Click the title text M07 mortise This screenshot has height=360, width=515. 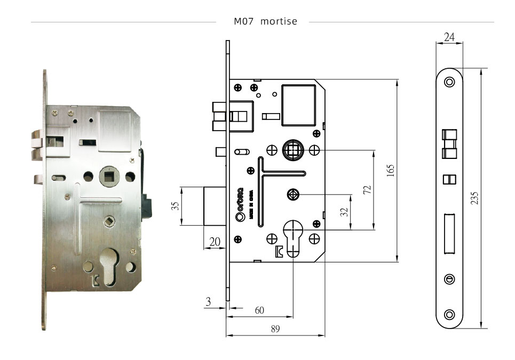click(265, 21)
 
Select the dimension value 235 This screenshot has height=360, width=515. click(474, 198)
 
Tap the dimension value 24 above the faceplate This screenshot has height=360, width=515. click(449, 37)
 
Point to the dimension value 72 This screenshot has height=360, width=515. click(367, 190)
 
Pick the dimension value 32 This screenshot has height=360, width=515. click(344, 212)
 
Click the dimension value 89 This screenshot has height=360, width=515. click(275, 329)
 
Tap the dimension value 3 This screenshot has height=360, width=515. click(208, 302)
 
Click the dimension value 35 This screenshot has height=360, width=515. click(175, 206)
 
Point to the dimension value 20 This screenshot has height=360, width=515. click(215, 242)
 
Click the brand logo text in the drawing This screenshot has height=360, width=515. click(240, 204)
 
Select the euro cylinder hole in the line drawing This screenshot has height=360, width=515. click(293, 238)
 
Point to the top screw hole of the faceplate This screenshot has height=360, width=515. click(449, 82)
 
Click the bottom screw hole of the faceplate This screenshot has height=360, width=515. click(449, 314)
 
